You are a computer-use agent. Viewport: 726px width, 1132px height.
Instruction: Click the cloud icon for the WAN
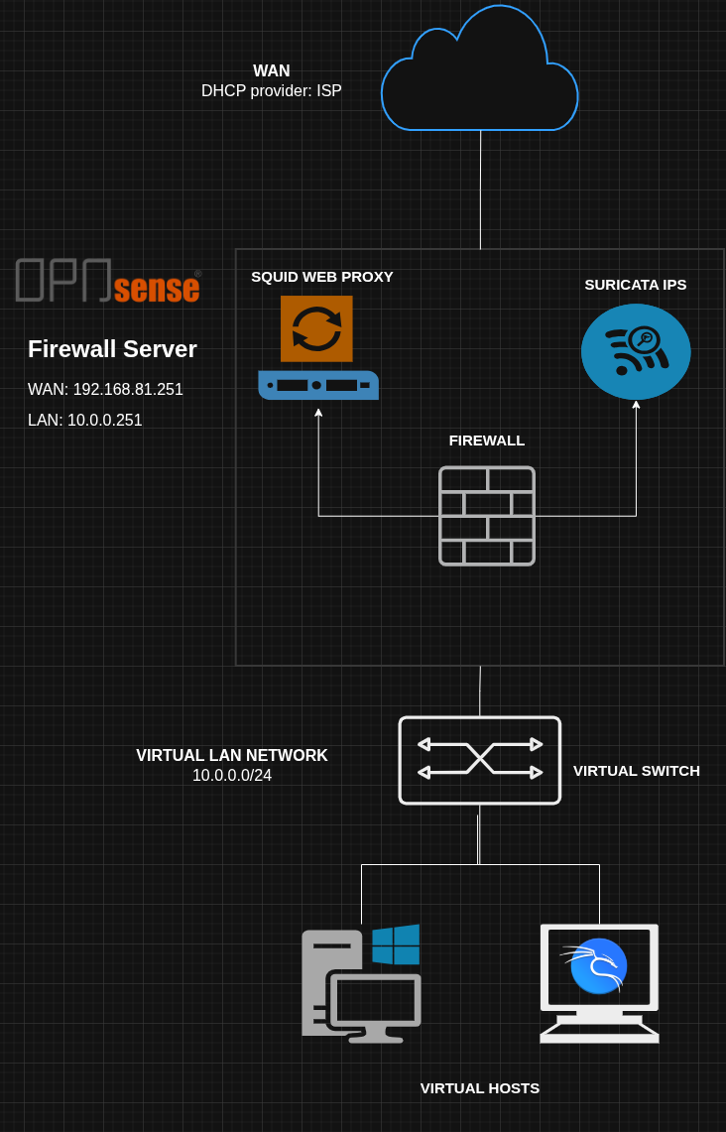[480, 68]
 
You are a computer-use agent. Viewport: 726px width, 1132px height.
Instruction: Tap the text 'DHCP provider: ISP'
[272, 91]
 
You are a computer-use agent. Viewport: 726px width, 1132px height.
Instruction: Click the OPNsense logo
[108, 280]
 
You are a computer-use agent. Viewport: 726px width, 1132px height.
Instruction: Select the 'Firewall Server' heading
[113, 349]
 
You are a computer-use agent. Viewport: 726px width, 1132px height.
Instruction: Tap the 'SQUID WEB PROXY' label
[322, 277]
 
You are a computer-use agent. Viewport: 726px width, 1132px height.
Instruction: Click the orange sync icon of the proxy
[316, 328]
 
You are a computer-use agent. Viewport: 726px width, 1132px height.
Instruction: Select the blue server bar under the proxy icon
[318, 385]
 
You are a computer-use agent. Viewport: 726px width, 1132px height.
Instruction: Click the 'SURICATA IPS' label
[636, 285]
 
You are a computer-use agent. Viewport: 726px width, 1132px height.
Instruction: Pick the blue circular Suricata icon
[636, 351]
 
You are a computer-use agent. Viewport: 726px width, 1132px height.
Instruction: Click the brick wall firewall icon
[487, 516]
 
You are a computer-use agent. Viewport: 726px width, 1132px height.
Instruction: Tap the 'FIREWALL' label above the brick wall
[487, 440]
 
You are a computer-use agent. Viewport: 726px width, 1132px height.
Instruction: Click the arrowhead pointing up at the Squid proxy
[318, 413]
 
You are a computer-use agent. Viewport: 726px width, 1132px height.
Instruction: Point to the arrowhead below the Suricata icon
[636, 405]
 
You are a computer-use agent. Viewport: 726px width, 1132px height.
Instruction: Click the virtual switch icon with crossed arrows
[480, 760]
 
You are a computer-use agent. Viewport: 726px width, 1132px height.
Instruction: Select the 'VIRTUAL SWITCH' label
[637, 771]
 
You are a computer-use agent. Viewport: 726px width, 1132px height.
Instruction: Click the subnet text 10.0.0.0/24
[232, 776]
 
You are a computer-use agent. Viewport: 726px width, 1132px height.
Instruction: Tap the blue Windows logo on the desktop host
[396, 944]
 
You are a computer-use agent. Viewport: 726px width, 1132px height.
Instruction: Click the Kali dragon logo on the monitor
[596, 965]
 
